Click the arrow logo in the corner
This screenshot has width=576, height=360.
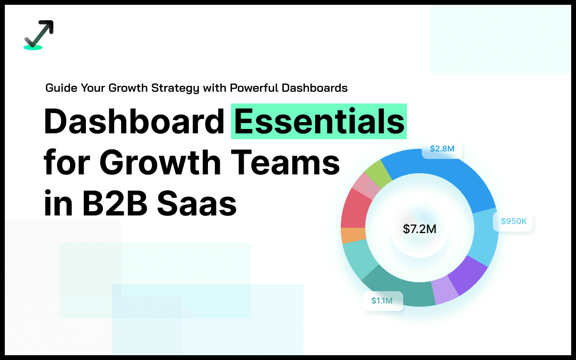coord(38,35)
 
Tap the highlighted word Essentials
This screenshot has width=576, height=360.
coord(319,122)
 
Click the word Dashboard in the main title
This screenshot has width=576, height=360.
coord(134,122)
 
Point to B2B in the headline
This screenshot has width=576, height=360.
coord(115,204)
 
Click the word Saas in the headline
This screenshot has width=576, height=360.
coord(197,204)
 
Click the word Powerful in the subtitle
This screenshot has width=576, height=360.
coord(254,88)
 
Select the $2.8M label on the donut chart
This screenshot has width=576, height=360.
coord(442,149)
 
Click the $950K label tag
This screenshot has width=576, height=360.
coord(513,221)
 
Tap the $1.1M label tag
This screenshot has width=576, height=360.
coord(382,301)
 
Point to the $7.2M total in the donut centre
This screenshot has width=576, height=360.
coord(420,229)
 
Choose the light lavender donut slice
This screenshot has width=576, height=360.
coord(445,290)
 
